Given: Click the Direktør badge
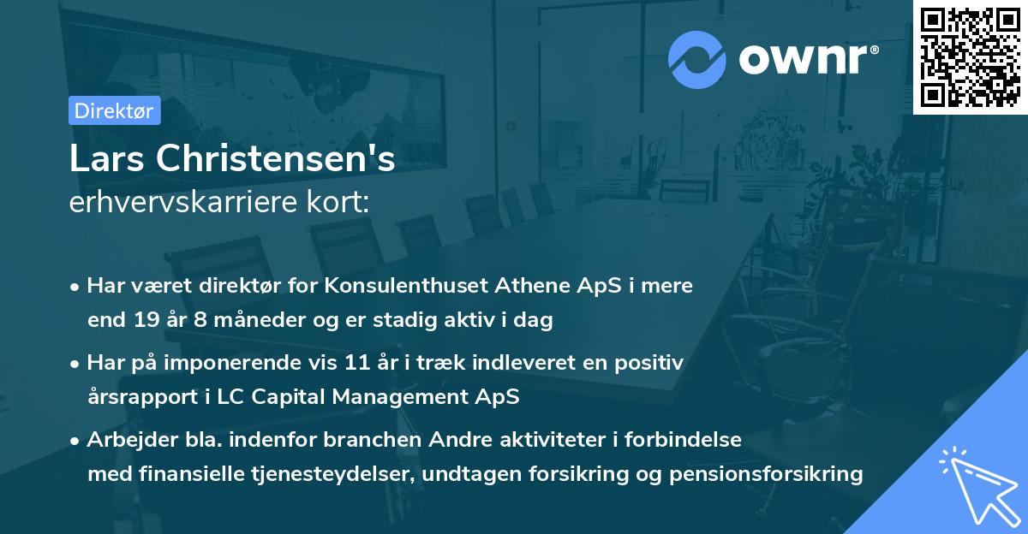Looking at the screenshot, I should point(114,110).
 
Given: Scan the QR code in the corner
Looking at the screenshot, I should point(970,56).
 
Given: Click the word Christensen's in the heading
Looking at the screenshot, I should point(275,159).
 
